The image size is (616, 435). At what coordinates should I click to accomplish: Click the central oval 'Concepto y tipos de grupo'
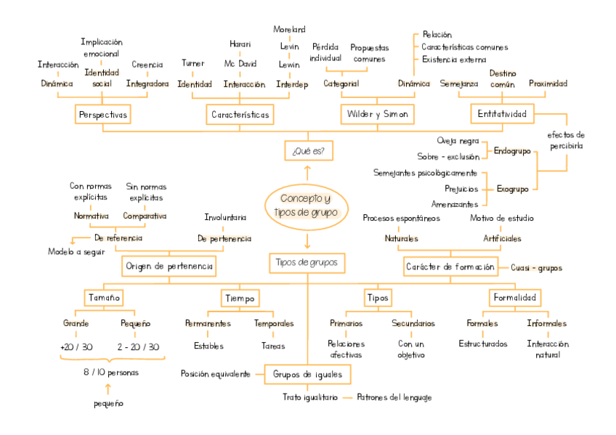[x=307, y=206]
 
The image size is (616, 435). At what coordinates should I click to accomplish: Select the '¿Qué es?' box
[x=308, y=151]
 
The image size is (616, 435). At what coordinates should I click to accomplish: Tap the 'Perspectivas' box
[x=103, y=115]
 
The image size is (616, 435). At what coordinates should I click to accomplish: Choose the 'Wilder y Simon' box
[x=377, y=115]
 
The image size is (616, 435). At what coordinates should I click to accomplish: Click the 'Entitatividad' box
[x=502, y=113]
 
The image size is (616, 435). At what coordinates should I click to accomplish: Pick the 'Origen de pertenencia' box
[x=169, y=267]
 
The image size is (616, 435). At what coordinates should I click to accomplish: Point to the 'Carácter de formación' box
[x=451, y=267]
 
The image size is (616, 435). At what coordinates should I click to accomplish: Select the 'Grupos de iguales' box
[x=307, y=374]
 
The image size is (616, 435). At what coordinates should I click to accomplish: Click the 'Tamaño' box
[x=104, y=298]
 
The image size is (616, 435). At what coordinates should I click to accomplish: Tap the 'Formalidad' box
[x=514, y=298]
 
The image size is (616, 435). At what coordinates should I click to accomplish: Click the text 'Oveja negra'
[x=458, y=141]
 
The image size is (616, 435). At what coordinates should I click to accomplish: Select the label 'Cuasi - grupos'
[x=536, y=267]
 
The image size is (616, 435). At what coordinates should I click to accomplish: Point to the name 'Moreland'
[x=289, y=30]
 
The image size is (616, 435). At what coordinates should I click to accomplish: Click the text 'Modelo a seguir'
[x=76, y=252]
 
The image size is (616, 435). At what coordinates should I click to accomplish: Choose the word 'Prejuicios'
[x=461, y=189]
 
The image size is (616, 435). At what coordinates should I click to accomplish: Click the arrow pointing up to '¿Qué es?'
[x=308, y=171]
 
